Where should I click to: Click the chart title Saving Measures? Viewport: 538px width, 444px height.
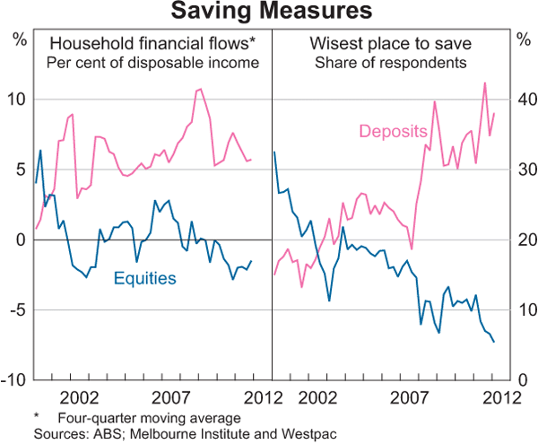(x=269, y=12)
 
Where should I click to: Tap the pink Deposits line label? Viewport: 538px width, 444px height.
(x=392, y=132)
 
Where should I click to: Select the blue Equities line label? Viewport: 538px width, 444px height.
(x=144, y=279)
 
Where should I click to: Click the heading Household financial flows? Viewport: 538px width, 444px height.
(x=152, y=43)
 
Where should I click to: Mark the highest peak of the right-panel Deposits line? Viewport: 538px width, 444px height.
(x=485, y=83)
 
